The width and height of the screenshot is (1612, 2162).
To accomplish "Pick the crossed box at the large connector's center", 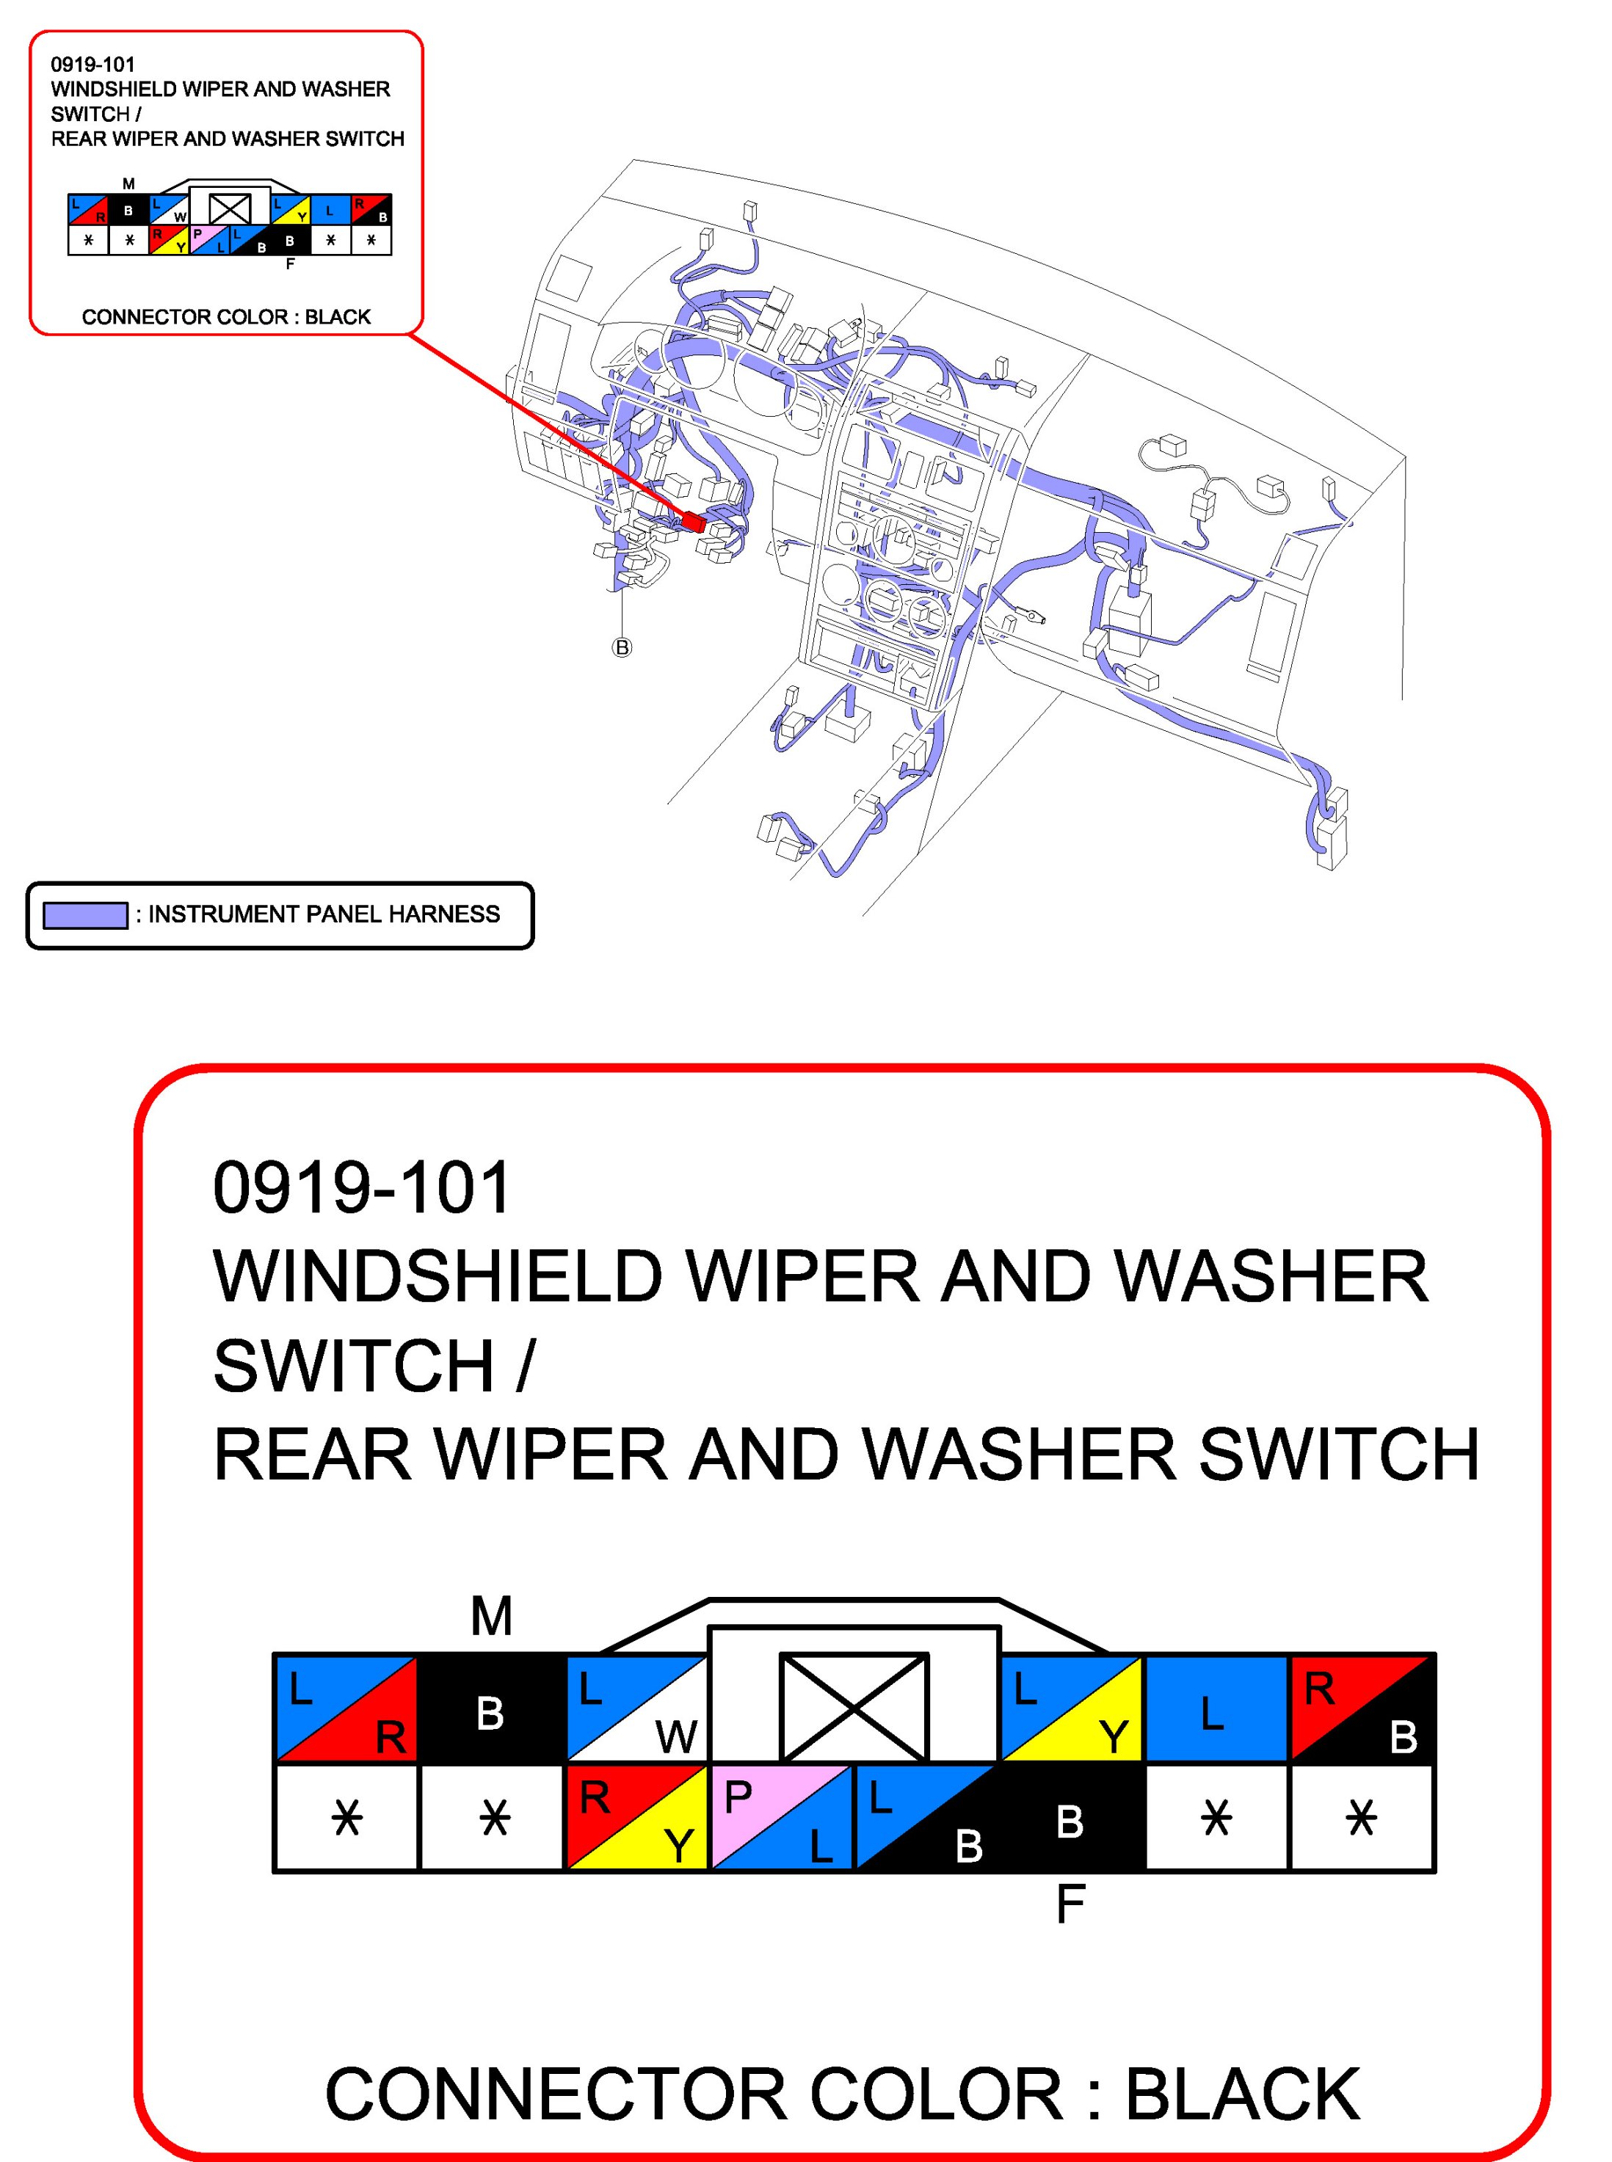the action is [x=854, y=1706].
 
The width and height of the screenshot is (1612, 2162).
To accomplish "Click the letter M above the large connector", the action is [x=491, y=1617].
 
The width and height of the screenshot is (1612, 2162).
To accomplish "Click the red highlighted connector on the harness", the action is [x=694, y=522].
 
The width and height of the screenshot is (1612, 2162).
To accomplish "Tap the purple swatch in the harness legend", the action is [x=85, y=915].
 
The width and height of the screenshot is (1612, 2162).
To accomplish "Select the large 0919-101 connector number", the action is [x=361, y=1188].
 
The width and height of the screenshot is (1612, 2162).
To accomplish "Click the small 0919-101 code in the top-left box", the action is [x=92, y=65].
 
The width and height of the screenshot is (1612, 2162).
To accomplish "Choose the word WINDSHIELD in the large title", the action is [x=438, y=1276].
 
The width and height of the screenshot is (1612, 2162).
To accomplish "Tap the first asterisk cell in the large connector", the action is [x=346, y=1819].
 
